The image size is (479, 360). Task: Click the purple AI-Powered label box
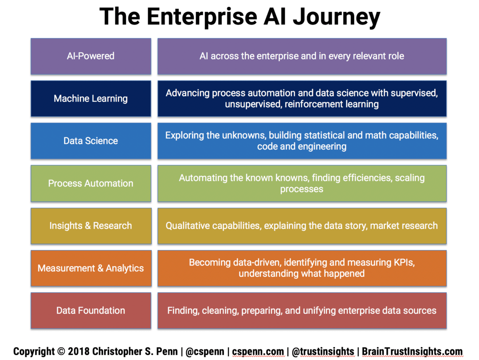tap(90, 56)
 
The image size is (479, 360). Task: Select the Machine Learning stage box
tap(90, 98)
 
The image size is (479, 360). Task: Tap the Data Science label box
tap(90, 141)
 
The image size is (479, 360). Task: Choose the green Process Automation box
tap(90, 183)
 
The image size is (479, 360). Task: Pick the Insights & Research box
tap(90, 226)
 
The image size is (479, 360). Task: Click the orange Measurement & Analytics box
tap(90, 268)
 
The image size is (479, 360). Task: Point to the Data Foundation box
tap(90, 310)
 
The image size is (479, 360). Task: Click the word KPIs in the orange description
tap(402, 262)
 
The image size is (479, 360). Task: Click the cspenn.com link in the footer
tap(258, 352)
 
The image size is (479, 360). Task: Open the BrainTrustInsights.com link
tap(412, 352)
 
